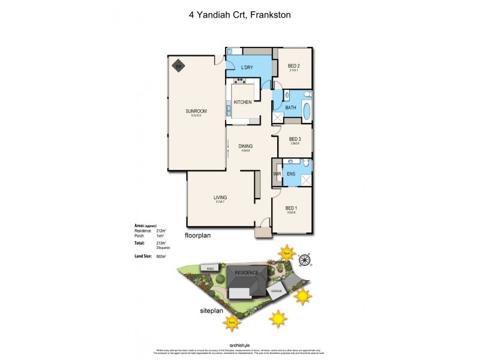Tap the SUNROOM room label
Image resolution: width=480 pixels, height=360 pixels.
click(x=196, y=111)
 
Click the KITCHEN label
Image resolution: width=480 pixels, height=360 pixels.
click(x=242, y=102)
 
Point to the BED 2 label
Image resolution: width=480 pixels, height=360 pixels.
click(x=293, y=65)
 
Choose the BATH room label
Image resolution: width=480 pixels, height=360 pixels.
click(x=290, y=108)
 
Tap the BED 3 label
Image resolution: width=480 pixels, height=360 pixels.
click(x=295, y=139)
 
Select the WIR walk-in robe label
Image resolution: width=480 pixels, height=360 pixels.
click(x=277, y=174)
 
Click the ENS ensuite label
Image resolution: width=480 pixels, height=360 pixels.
click(x=290, y=174)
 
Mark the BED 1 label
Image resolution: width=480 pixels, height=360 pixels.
click(x=292, y=208)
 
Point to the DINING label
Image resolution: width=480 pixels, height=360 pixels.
click(x=245, y=146)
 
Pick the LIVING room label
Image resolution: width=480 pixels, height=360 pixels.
click(x=220, y=197)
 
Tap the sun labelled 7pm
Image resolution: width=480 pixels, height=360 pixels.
click(x=287, y=253)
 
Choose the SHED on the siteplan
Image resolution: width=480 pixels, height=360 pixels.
click(x=210, y=268)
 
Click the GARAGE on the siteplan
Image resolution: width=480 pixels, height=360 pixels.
click(x=277, y=290)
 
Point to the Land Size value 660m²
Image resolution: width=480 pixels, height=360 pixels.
click(x=160, y=256)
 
